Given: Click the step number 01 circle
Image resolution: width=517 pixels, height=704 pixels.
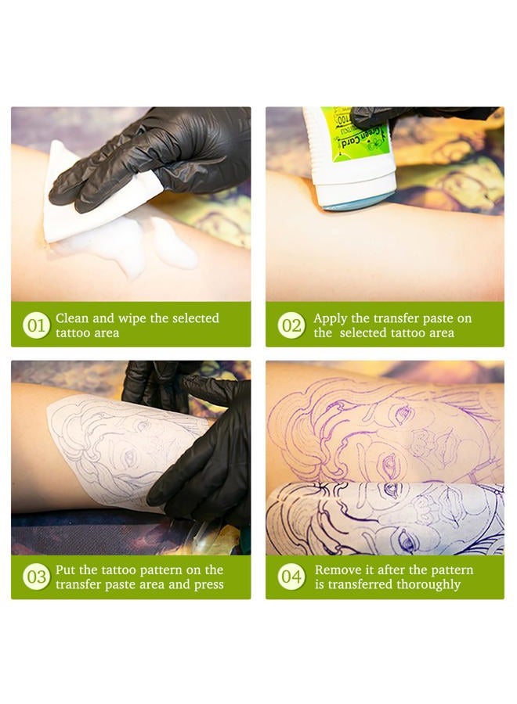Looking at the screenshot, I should point(36,325).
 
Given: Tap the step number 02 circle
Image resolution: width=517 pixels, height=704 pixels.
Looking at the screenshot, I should point(291,325).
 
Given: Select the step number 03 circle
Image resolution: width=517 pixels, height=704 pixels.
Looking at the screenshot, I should point(36,577).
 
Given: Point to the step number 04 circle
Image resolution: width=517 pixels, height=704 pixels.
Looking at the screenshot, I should point(291,577).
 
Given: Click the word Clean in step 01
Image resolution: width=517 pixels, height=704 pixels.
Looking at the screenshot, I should point(72,318).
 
